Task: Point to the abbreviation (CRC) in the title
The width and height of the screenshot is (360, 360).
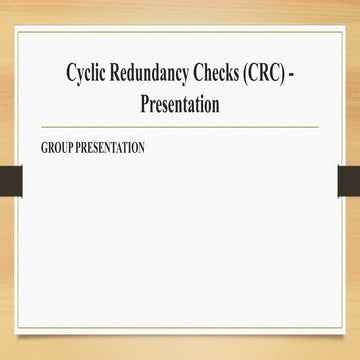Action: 290,73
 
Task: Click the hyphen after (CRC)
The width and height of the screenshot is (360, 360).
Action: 321,75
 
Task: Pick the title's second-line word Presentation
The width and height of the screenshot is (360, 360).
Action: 180,104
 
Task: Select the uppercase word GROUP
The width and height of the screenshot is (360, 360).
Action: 58,148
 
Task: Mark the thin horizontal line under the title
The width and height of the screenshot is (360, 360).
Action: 180,127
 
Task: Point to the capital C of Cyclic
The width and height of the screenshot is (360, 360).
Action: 71,73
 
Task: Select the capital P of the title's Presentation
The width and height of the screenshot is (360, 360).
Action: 146,104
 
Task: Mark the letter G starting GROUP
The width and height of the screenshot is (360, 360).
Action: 44,148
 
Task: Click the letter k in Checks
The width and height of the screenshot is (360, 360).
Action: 247,73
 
